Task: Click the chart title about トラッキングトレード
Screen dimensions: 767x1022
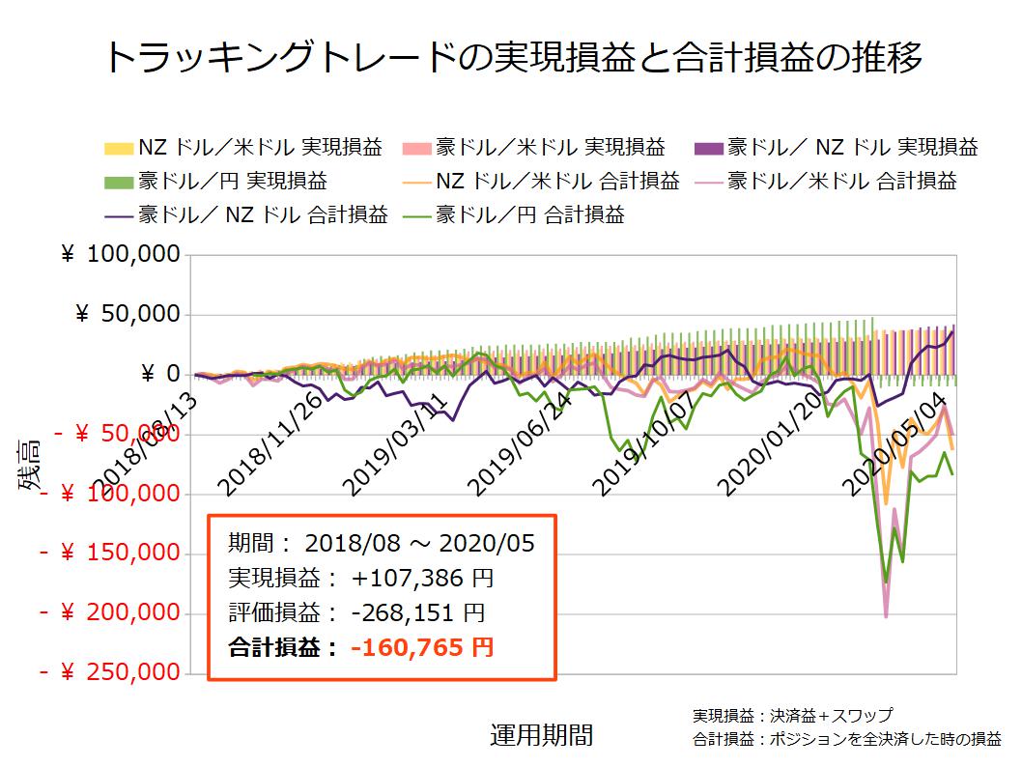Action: pos(511,57)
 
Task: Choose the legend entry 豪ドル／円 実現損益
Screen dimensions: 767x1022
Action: pos(232,181)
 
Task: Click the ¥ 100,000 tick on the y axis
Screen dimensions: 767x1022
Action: pos(120,255)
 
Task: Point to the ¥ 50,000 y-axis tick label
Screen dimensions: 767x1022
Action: pos(127,315)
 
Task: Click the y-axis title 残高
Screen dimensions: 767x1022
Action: pos(28,464)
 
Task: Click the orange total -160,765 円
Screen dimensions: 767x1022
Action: pos(422,647)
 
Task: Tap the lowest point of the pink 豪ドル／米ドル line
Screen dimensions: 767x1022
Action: pos(886,616)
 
